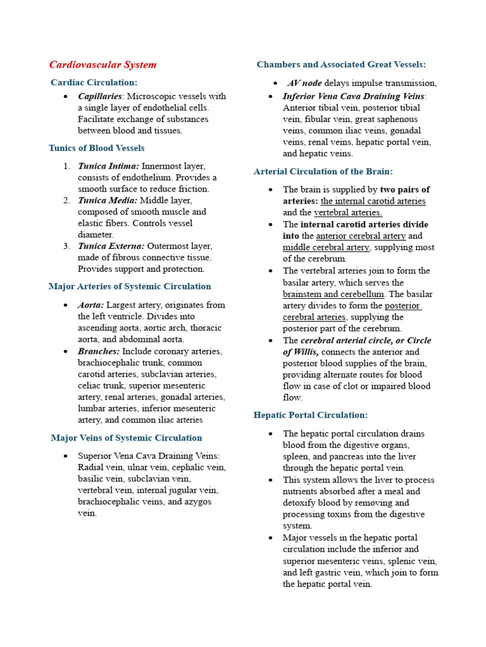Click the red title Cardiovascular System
(103, 64)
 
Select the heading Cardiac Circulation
(94, 82)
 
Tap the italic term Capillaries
(100, 96)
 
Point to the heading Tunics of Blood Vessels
(96, 148)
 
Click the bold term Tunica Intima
(108, 166)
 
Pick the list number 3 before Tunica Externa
(66, 246)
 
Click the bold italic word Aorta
(91, 305)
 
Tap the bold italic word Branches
(99, 351)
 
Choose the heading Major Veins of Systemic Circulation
(126, 438)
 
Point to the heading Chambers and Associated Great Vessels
(341, 64)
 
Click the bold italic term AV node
(304, 83)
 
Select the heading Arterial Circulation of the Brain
(323, 171)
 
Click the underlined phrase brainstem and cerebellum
(333, 294)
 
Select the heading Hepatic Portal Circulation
(310, 415)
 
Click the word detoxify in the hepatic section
(301, 503)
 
